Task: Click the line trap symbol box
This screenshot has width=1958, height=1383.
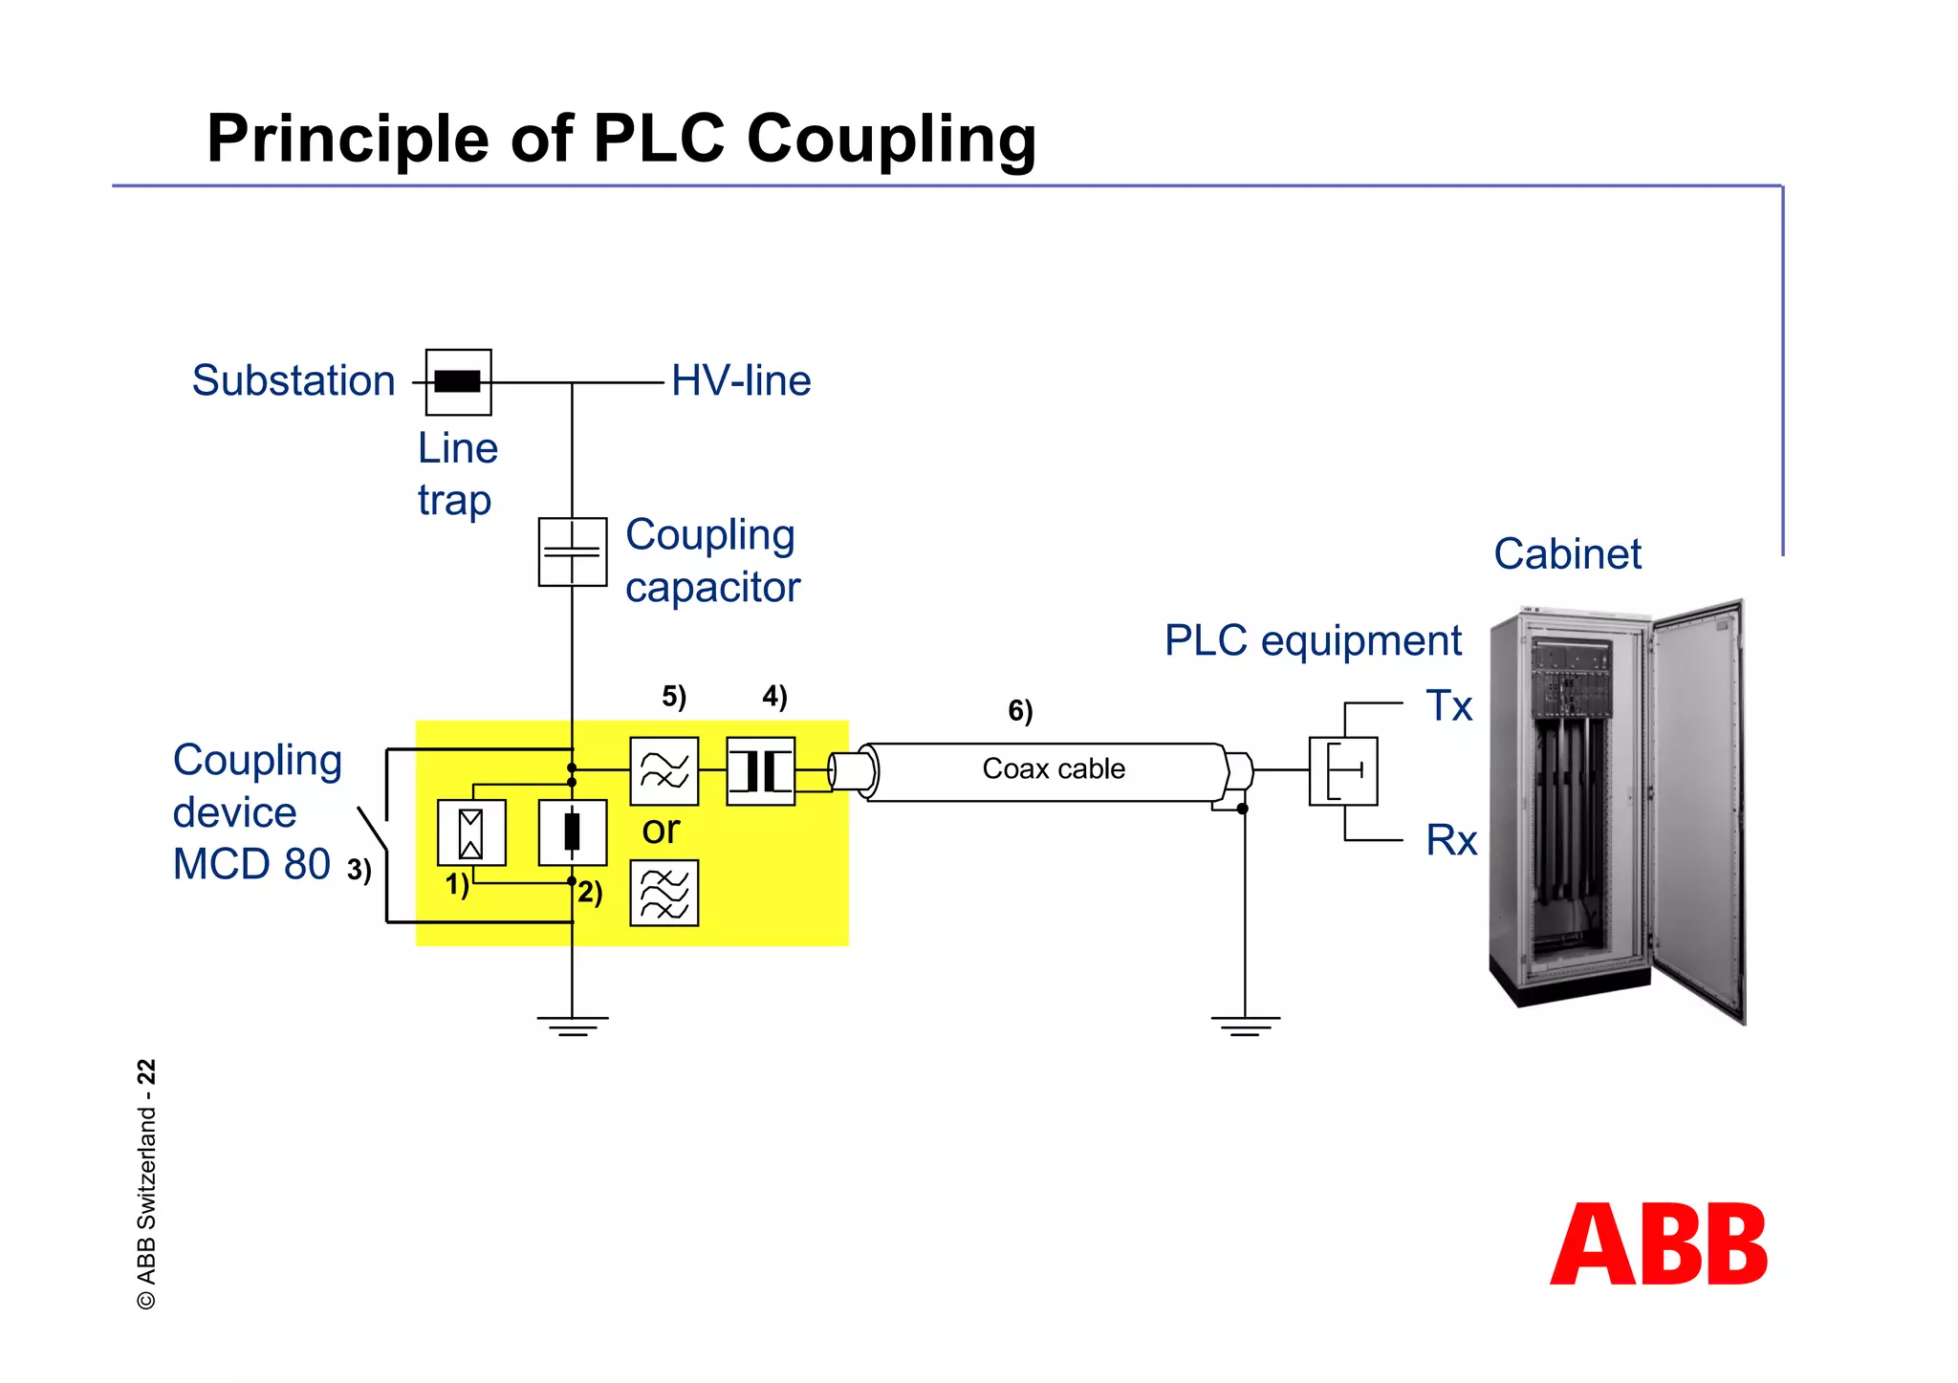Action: pyautogui.click(x=458, y=382)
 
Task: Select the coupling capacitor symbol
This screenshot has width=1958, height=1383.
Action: pyautogui.click(x=572, y=551)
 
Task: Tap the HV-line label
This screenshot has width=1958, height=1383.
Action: pyautogui.click(x=741, y=380)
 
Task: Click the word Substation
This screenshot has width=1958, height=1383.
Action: pyautogui.click(x=294, y=380)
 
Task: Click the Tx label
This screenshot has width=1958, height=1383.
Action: pyautogui.click(x=1449, y=706)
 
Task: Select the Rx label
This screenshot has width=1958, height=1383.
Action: pyautogui.click(x=1451, y=840)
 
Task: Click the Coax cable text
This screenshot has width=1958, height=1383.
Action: pyautogui.click(x=1054, y=768)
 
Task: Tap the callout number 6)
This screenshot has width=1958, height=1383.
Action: pyautogui.click(x=1020, y=710)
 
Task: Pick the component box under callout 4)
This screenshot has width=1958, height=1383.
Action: pyautogui.click(x=760, y=770)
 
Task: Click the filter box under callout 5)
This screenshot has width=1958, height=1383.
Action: pyautogui.click(x=664, y=770)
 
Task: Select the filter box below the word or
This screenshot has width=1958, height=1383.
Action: pyautogui.click(x=664, y=893)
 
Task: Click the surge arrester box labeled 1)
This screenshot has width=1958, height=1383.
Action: pyautogui.click(x=471, y=832)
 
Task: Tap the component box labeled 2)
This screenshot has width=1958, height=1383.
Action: pyautogui.click(x=572, y=832)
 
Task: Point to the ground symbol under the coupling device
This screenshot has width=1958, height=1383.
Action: pyautogui.click(x=572, y=1026)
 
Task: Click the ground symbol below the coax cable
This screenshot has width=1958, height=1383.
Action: pyautogui.click(x=1245, y=1026)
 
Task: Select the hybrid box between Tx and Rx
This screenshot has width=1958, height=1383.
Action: pyautogui.click(x=1343, y=770)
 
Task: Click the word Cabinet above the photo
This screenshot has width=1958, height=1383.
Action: pyautogui.click(x=1567, y=553)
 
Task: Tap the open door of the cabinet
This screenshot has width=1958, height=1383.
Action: pyautogui.click(x=1700, y=812)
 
